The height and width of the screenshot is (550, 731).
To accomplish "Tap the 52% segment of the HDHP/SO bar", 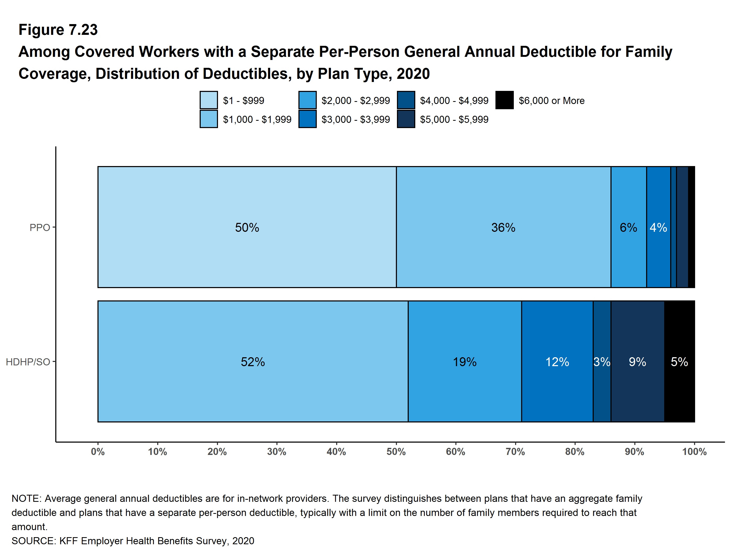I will tap(253, 361).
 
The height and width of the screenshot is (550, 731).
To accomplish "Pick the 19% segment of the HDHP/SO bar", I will tap(465, 361).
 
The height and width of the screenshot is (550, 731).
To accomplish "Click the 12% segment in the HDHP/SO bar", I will tap(557, 361).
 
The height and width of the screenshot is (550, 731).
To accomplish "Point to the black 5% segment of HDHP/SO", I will tap(679, 361).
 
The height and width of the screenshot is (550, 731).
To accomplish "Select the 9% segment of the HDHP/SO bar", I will tap(637, 361).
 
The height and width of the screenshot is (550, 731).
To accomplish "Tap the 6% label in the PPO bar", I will tap(628, 227).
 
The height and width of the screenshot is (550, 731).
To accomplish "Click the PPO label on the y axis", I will tap(40, 227).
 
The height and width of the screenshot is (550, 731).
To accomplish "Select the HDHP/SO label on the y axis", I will tap(28, 362).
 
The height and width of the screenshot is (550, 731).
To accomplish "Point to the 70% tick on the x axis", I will tap(515, 451).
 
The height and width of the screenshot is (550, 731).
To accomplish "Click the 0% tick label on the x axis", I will tap(98, 451).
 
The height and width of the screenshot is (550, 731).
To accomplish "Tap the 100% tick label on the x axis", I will tap(694, 451).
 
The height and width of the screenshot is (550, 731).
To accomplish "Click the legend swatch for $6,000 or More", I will tap(504, 100).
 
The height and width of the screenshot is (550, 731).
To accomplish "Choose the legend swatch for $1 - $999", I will tap(209, 100).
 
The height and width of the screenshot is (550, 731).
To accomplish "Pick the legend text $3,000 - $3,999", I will tap(356, 119).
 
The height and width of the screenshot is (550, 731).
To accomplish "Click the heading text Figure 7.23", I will tap(58, 30).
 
